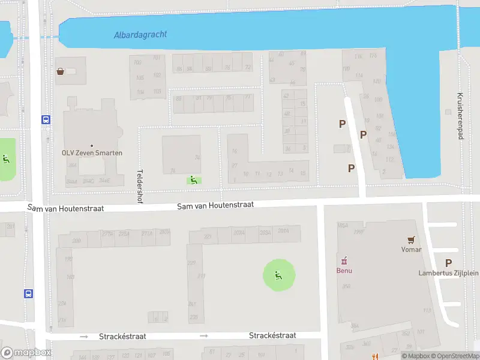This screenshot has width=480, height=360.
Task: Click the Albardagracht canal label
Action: click(x=140, y=34)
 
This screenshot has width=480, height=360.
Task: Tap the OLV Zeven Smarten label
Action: click(x=92, y=153)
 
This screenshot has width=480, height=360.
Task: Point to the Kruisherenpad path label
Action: click(x=460, y=116)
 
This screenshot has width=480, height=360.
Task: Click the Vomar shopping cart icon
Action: click(x=411, y=239)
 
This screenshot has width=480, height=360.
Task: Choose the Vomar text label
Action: click(x=411, y=249)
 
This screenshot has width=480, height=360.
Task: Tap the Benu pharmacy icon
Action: click(x=344, y=260)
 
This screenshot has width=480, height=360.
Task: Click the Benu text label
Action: click(x=344, y=270)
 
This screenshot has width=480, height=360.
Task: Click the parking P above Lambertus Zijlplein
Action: click(x=448, y=263)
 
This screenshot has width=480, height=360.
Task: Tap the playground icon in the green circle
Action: click(x=278, y=275)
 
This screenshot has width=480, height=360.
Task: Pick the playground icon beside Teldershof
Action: click(x=193, y=179)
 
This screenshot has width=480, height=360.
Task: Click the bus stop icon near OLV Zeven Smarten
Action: click(x=46, y=119)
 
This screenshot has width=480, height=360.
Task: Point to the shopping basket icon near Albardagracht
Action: click(x=61, y=71)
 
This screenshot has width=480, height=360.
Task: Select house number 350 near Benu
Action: click(x=346, y=286)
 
